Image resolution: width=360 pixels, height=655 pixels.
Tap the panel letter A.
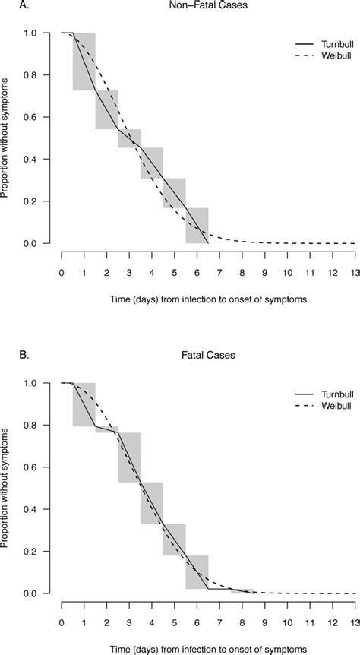click(x=5, y=5)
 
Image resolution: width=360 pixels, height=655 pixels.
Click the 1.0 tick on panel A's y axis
click(x=30, y=33)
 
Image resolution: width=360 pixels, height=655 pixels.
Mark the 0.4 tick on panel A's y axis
click(x=30, y=159)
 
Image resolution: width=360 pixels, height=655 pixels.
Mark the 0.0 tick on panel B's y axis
click(x=30, y=593)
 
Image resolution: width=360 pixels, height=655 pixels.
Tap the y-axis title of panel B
click(x=6, y=488)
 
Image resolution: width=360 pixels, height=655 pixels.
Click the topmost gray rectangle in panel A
click(x=84, y=62)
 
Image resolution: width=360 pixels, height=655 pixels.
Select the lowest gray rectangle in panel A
click(x=197, y=225)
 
